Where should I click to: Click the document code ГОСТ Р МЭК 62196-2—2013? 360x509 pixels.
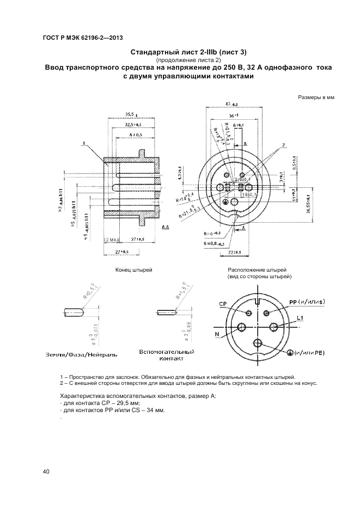coord(82,38)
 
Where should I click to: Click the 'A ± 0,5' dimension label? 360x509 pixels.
coord(136,134)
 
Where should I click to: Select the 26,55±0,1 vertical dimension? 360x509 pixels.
coord(308,204)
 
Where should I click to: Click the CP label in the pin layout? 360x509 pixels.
coord(223,304)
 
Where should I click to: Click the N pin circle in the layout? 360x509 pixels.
coord(241,327)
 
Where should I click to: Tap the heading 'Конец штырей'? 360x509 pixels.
coord(133,270)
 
